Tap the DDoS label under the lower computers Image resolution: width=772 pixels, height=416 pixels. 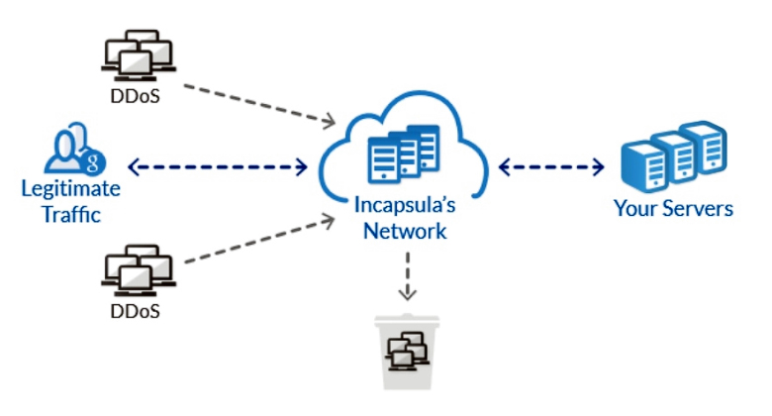[139, 311]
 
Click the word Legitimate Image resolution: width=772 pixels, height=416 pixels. [71, 188]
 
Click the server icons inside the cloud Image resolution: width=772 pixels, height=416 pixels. [404, 156]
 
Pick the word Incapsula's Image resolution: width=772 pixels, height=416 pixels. [404, 207]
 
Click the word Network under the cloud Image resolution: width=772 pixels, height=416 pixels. [404, 232]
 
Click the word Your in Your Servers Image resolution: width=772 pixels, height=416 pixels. [634, 209]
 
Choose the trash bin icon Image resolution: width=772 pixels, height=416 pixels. [407, 351]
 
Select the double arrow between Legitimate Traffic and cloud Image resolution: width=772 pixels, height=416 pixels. [217, 166]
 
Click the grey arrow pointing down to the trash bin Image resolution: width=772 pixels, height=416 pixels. [407, 280]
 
